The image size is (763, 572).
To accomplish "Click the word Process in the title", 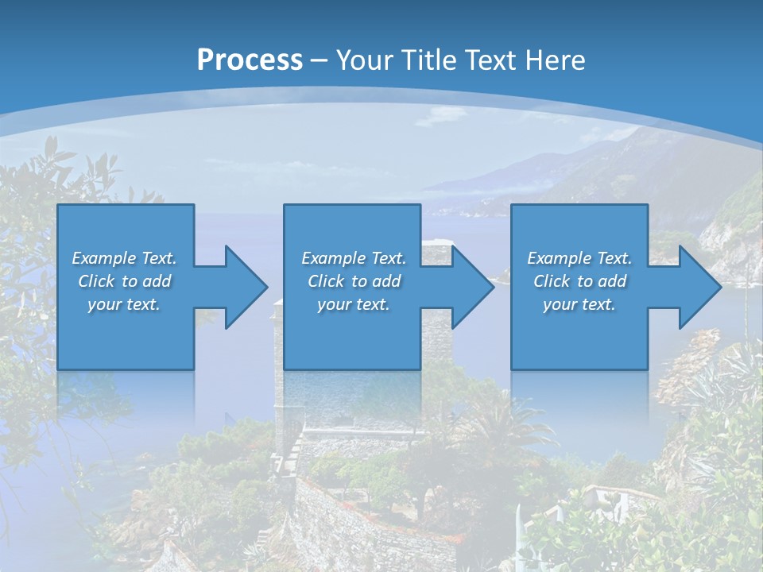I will [x=250, y=60].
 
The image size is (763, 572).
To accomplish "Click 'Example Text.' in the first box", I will [x=124, y=258].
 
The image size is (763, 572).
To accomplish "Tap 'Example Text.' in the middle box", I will [x=353, y=258].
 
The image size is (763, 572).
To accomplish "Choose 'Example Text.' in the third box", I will [x=579, y=258].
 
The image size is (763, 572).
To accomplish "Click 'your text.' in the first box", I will [x=124, y=304].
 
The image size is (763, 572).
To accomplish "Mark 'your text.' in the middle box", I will [x=353, y=304].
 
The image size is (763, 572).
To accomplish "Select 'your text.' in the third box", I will [x=579, y=304].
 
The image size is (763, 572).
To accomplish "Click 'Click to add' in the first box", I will [x=124, y=281].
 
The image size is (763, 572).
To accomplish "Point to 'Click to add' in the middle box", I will [x=353, y=281].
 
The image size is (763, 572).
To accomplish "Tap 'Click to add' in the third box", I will [x=579, y=281].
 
